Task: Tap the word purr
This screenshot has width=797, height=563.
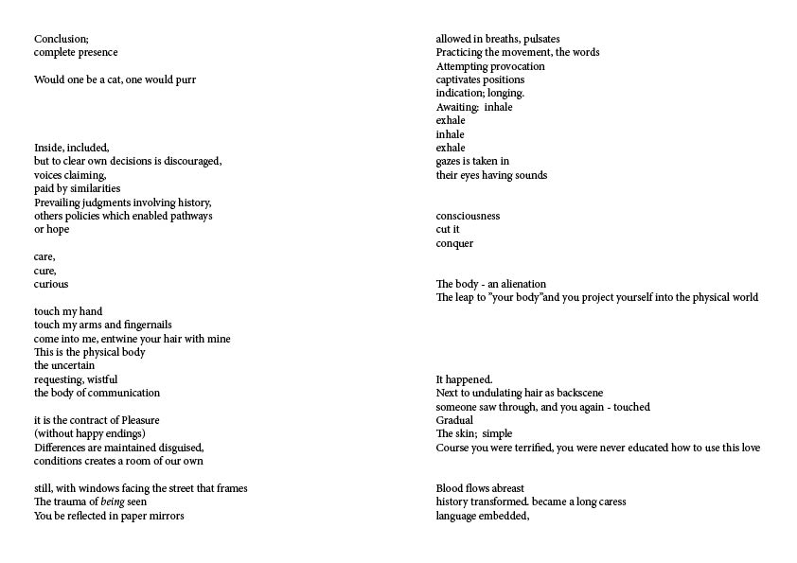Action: tap(185, 79)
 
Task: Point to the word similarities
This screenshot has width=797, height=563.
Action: tap(94, 188)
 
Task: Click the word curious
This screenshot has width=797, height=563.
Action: tap(51, 284)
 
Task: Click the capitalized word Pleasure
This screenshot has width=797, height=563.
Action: tap(136, 420)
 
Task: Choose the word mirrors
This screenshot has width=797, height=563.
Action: tap(166, 516)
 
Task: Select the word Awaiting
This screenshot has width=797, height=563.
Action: tap(457, 107)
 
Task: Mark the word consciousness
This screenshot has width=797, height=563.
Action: tap(468, 216)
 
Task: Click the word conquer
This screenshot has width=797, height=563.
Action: tap(454, 243)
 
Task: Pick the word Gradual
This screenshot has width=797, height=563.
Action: tap(454, 420)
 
